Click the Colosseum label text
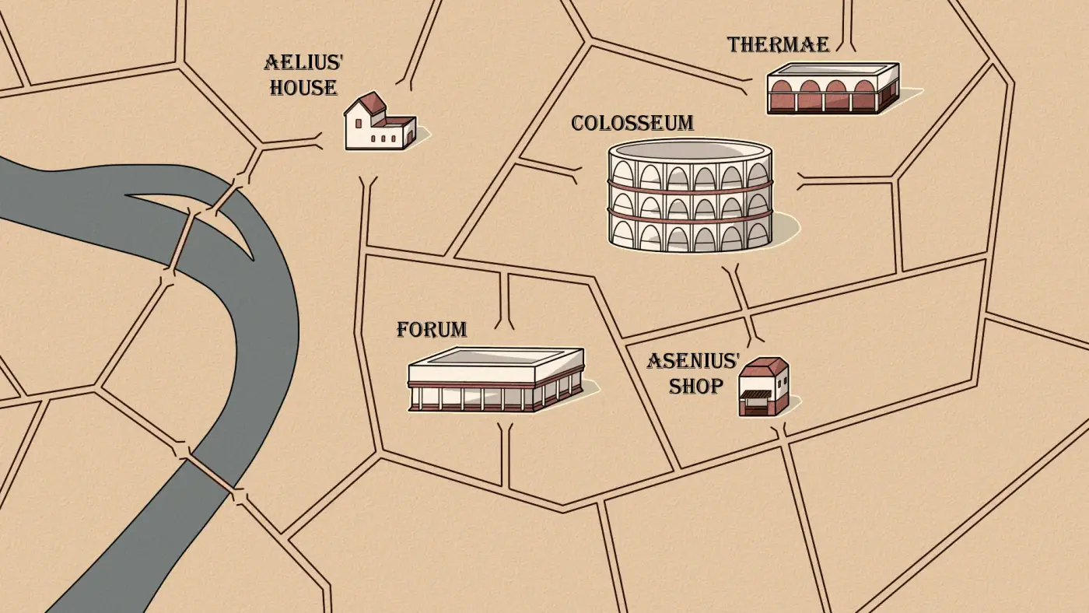(632, 123)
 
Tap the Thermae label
(778, 44)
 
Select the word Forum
(432, 330)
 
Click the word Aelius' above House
(304, 62)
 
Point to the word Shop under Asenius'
(695, 386)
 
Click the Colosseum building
(691, 195)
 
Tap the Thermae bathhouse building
(833, 89)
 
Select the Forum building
(496, 379)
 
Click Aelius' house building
(380, 121)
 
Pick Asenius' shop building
(764, 387)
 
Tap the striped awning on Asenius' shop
(755, 394)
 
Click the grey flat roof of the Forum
(496, 356)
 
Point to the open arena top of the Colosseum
(691, 150)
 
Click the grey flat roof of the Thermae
(832, 68)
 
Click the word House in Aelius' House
(303, 87)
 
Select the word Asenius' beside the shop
(693, 361)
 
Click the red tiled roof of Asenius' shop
(763, 367)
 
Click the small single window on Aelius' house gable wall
(359, 124)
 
